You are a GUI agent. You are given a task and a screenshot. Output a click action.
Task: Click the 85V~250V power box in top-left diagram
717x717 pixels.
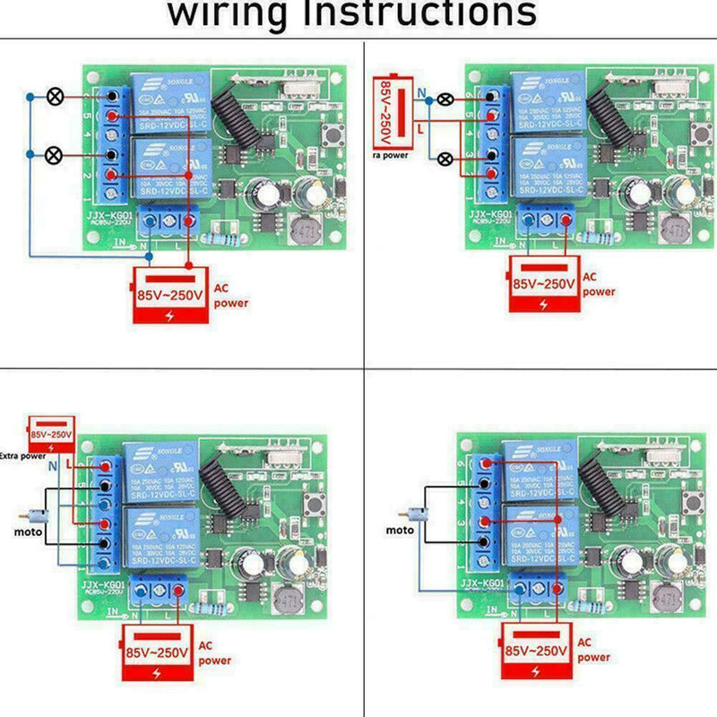[x=170, y=296]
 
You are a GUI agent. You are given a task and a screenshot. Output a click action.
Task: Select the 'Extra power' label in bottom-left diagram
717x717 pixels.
[x=23, y=456]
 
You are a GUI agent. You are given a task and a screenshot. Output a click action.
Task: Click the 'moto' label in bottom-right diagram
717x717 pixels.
[x=401, y=531]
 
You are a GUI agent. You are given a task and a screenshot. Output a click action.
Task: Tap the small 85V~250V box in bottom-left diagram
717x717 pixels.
[x=50, y=434]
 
